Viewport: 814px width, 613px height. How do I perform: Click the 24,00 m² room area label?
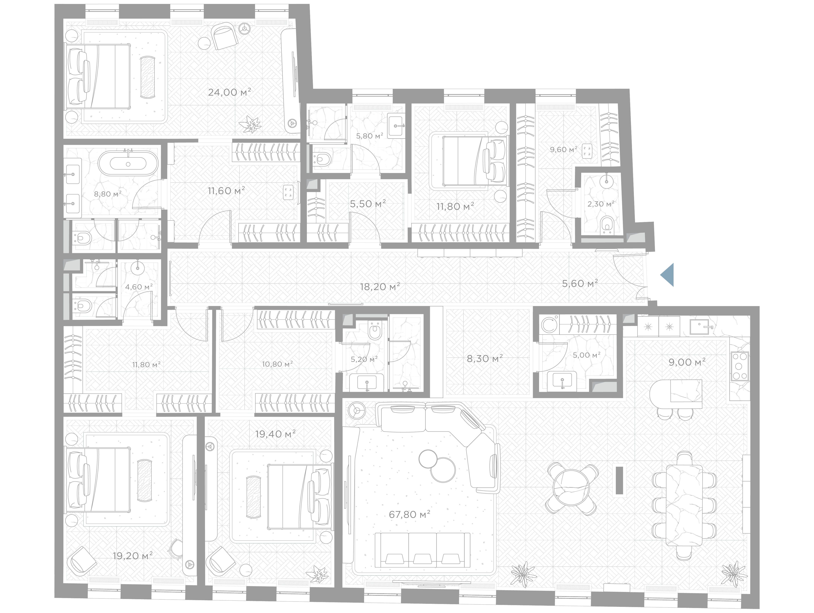click(230, 92)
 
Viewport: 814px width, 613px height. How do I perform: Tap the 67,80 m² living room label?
click(409, 514)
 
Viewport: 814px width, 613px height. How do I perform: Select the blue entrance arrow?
click(667, 275)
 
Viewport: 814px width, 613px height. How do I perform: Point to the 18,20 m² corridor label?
click(380, 286)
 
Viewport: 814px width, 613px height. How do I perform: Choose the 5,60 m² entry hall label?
click(580, 284)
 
